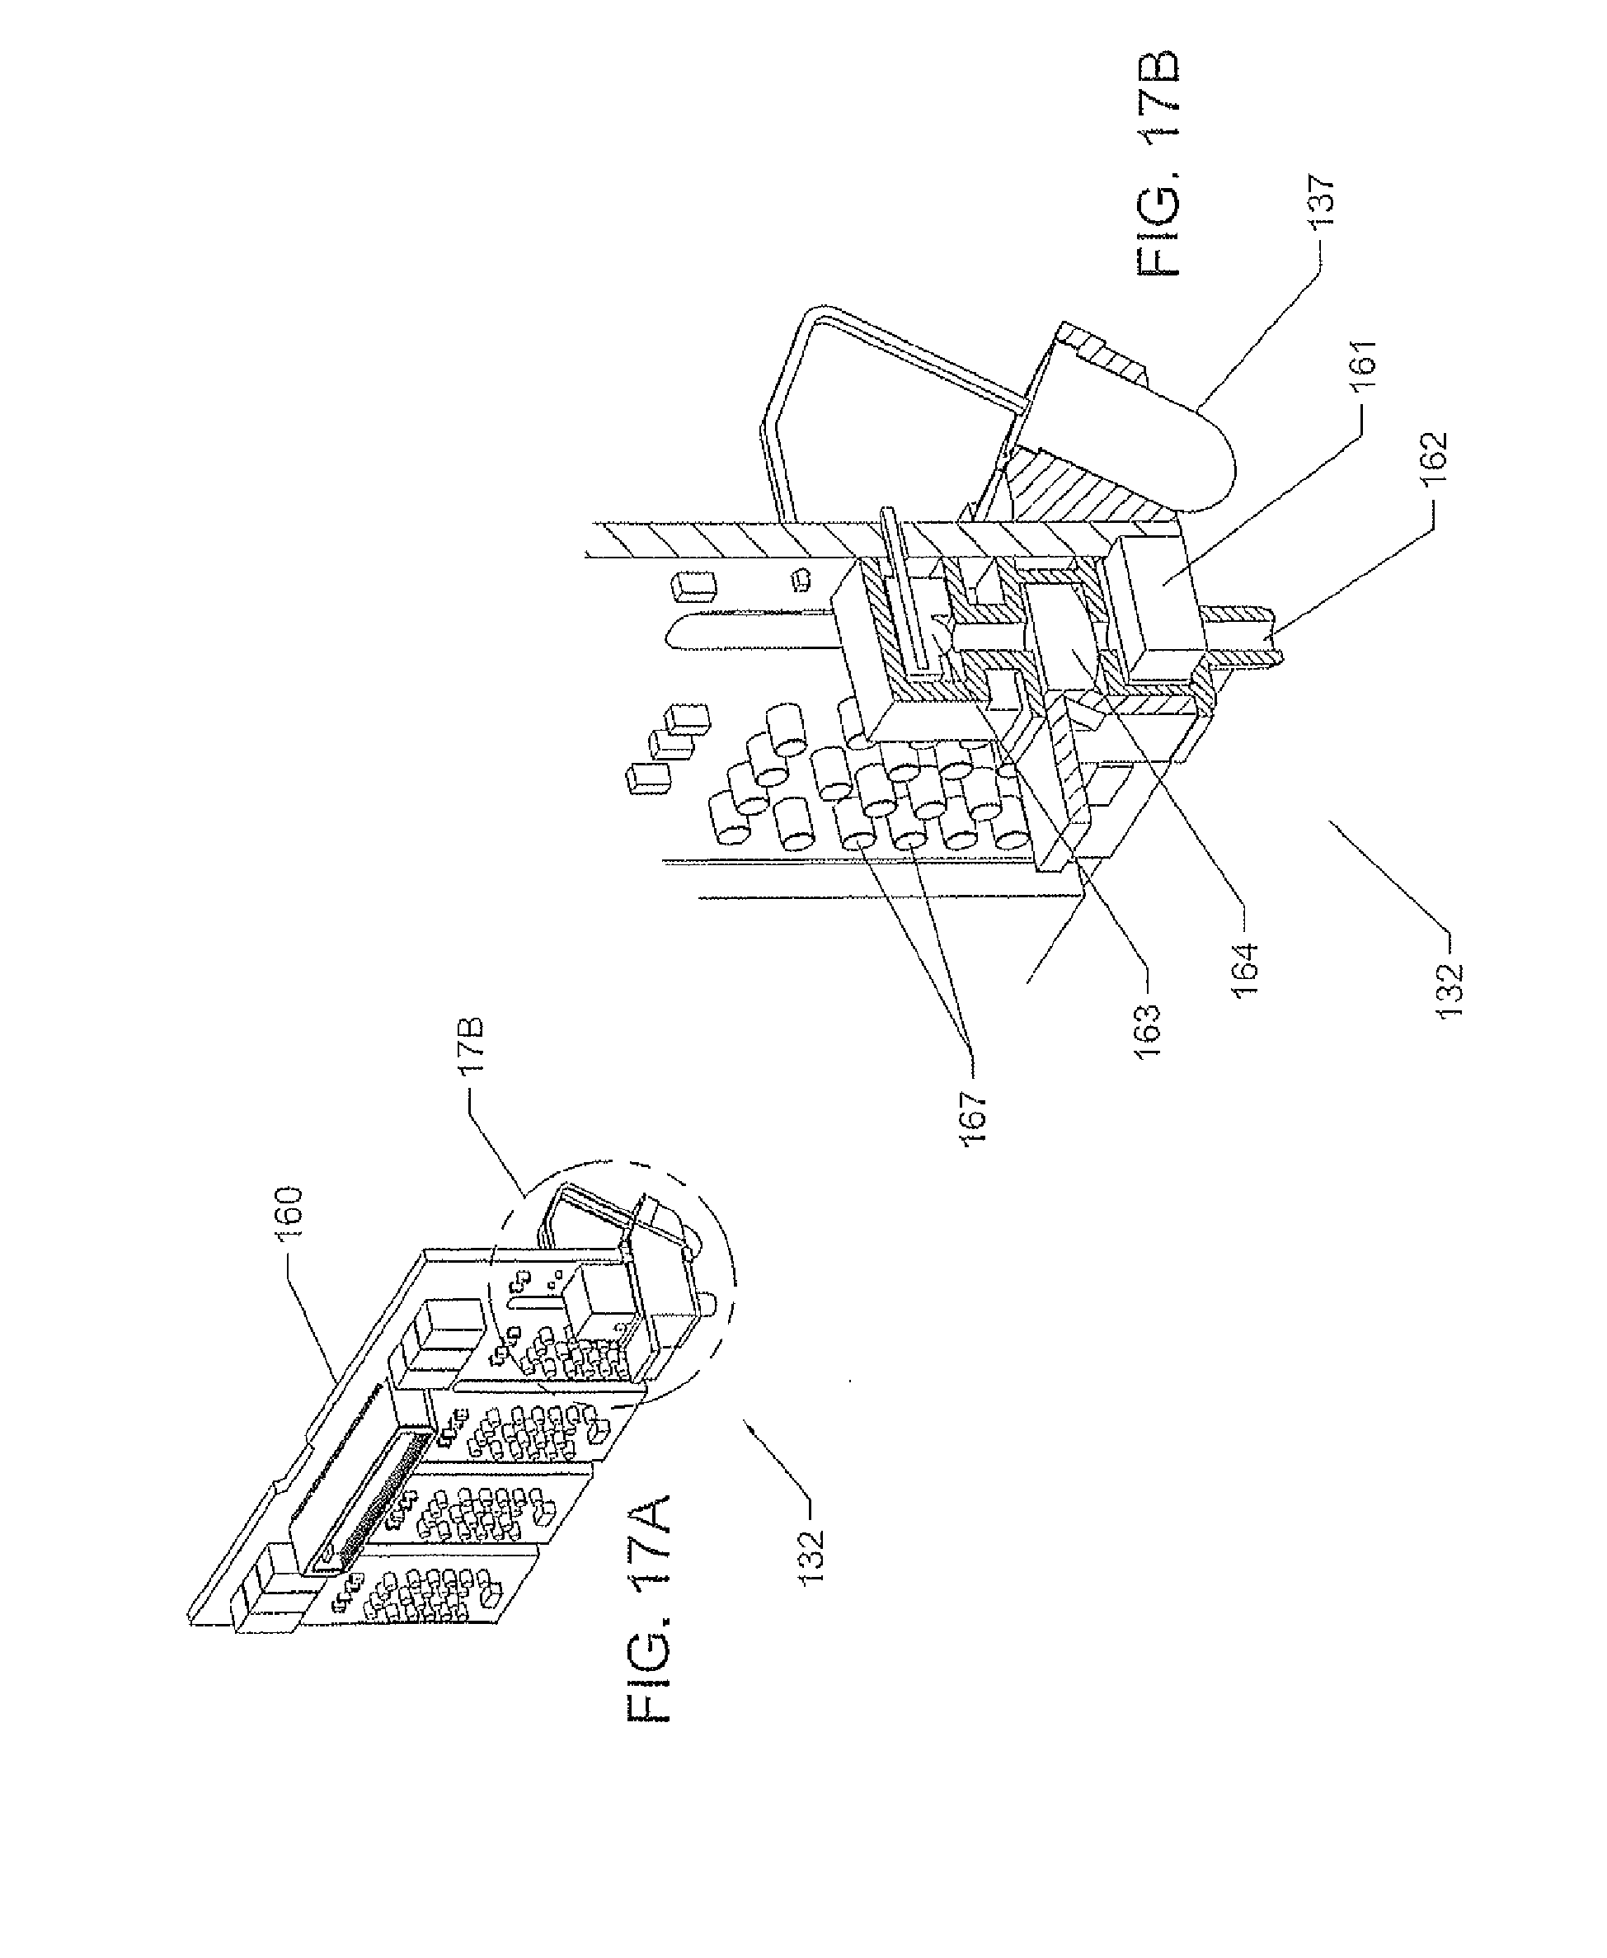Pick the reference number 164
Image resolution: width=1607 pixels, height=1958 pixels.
coord(1246,968)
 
